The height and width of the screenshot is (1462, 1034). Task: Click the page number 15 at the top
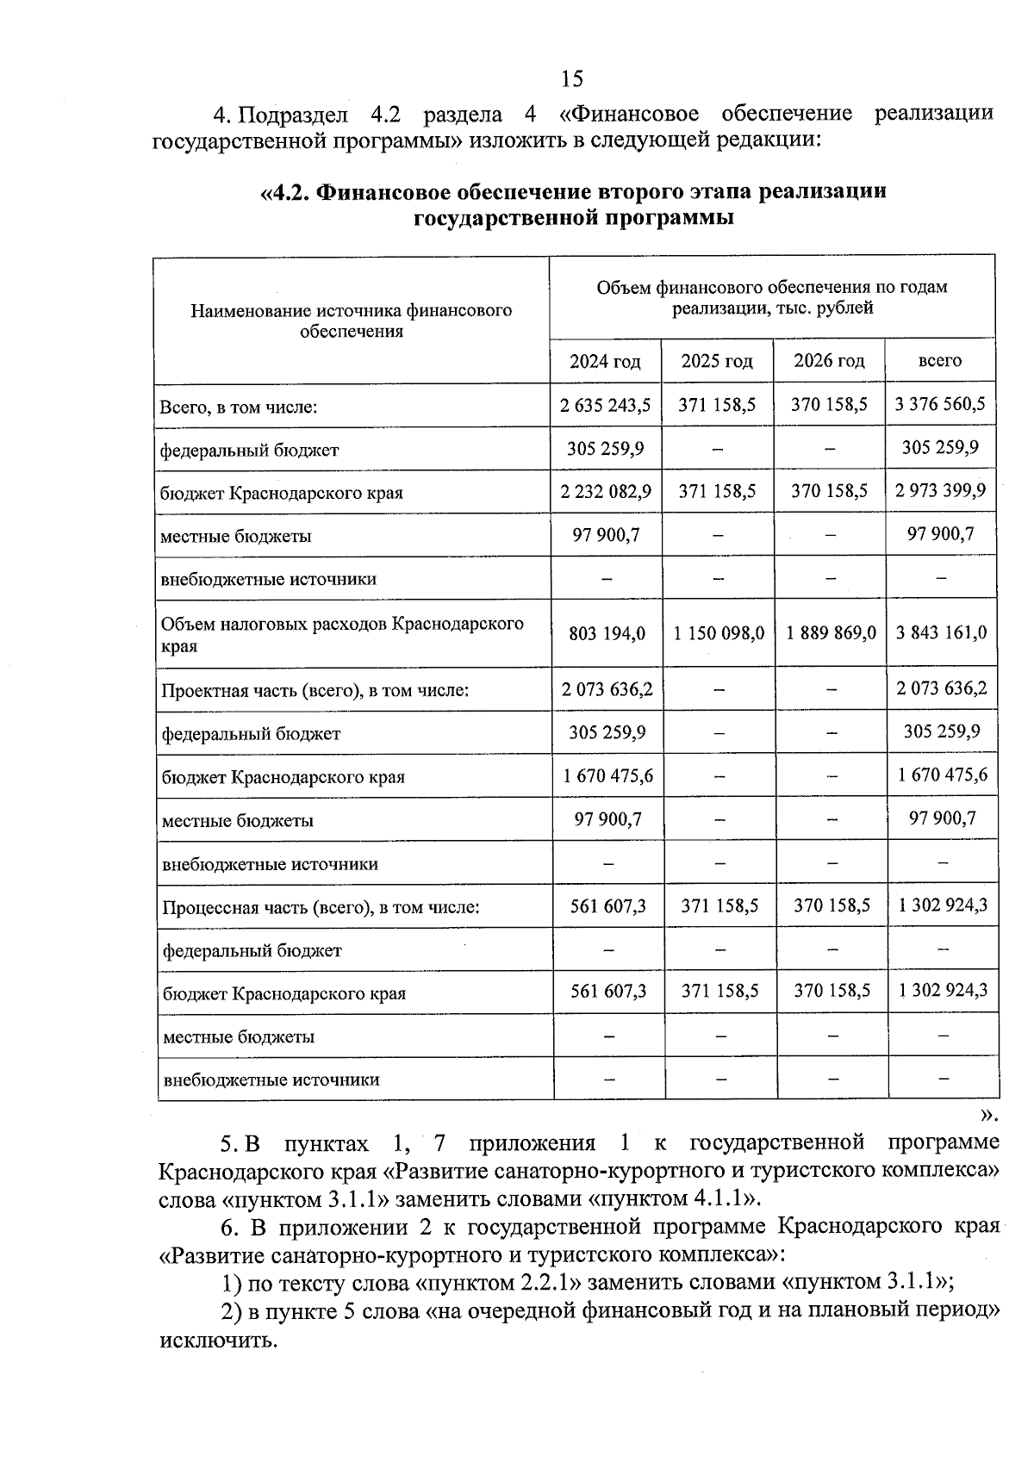pos(571,79)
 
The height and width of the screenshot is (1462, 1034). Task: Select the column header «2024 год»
pos(605,361)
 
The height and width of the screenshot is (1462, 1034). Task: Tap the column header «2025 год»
pos(717,361)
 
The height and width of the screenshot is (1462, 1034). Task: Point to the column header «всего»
pos(940,361)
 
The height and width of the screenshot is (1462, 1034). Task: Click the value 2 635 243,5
pos(605,405)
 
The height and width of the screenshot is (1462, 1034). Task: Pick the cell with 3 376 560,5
pos(940,404)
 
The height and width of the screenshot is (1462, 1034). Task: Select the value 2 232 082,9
pos(606,491)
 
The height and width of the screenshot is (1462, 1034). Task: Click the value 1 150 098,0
pos(719,633)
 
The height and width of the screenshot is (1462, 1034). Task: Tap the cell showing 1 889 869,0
pos(831,633)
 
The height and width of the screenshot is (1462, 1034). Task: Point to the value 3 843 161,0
pos(941,633)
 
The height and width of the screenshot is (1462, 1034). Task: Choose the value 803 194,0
pos(607,633)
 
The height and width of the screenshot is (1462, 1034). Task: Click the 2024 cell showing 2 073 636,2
pos(607,689)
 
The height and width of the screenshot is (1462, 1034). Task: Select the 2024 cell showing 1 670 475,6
pos(608,775)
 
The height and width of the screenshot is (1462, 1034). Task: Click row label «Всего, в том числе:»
pos(239,407)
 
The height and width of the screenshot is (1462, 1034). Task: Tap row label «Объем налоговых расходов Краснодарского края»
pos(342,634)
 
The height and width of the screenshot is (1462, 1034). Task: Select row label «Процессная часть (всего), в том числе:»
pos(321,907)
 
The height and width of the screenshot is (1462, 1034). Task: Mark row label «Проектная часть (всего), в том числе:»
pos(315,691)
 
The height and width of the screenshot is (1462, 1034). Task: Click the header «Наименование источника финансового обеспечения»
pos(351,320)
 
